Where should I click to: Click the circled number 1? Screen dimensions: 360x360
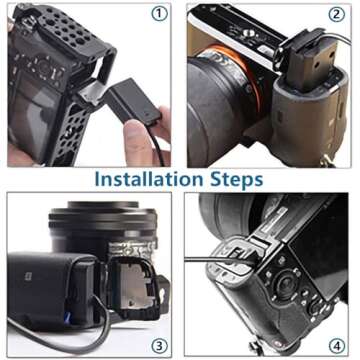[x=159, y=14]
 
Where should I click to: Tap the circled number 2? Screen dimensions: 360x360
[x=336, y=14]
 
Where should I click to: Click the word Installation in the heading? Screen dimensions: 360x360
[x=149, y=179]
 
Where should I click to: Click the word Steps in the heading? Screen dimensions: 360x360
[x=236, y=180]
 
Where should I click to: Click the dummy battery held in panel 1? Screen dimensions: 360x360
[x=131, y=101]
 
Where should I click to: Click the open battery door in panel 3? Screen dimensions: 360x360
[x=134, y=287]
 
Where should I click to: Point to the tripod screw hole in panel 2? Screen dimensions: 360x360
[x=248, y=32]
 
